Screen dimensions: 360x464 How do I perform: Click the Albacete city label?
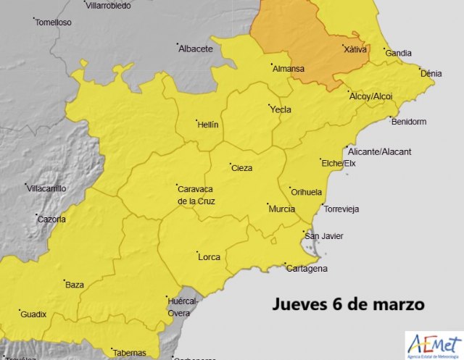pos(196,49)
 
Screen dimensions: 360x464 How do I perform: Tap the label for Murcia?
pos(281,209)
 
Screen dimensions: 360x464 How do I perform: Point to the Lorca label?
pos(209,256)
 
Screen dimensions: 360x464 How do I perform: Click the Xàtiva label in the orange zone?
pos(355,50)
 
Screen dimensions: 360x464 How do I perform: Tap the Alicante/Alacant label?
pos(379,151)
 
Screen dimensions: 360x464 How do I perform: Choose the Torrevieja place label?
pos(342,209)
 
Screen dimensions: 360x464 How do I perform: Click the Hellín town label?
pos(207,125)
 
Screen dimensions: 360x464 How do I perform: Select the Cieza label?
pos(241,168)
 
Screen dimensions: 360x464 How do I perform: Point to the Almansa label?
pos(289,70)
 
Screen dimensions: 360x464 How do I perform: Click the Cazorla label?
pos(51,219)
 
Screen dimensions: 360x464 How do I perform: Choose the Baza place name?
pos(75,285)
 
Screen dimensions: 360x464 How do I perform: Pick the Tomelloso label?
pos(54,22)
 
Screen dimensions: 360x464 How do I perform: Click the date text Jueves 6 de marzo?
pos(349,304)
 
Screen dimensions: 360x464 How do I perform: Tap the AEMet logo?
pos(433,346)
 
